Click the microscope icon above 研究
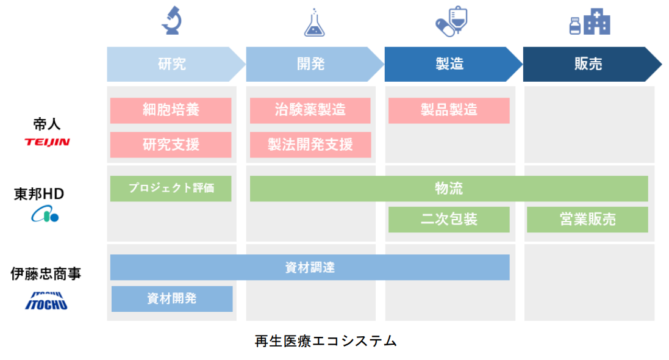pos(171,20)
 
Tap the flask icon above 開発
pos(314,23)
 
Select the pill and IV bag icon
pos(452,21)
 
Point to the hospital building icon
pos(590,22)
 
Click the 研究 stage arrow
pos(176,64)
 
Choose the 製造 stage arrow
pos(453,64)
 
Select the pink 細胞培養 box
pos(171,110)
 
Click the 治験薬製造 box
pos(310,110)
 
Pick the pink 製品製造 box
pos(449,110)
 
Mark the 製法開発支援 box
pos(310,145)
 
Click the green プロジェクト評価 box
pos(171,189)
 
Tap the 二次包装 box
pos(449,220)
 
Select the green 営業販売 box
pos(587,220)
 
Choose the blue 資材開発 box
pos(172,298)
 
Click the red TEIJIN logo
pos(47,142)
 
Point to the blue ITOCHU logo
pos(46,301)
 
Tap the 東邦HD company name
pos(39,194)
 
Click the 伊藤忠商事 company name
pos(46,274)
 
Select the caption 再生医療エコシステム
pos(326,341)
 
